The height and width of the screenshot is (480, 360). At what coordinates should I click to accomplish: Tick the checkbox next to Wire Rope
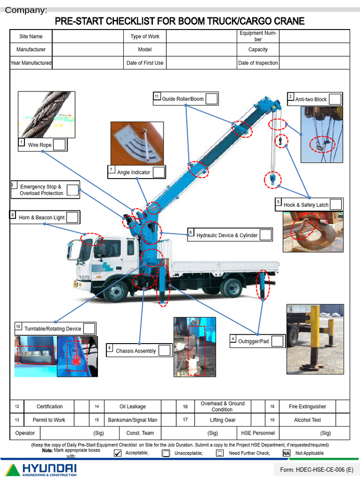pyautogui.click(x=59, y=145)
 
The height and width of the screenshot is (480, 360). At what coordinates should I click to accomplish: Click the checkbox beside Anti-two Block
pyautogui.click(x=335, y=99)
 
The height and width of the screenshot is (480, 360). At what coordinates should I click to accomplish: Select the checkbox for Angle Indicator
pyautogui.click(x=159, y=172)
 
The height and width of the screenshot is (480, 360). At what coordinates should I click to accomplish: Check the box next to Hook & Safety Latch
pyautogui.click(x=336, y=204)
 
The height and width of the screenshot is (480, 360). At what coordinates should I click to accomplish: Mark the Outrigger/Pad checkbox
pyautogui.click(x=277, y=341)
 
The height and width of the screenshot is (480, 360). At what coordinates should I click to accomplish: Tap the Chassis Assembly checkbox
pyautogui.click(x=164, y=351)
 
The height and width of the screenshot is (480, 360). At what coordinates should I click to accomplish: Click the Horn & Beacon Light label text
pyautogui.click(x=42, y=217)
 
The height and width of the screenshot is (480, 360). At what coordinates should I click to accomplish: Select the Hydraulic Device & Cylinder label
pyautogui.click(x=227, y=235)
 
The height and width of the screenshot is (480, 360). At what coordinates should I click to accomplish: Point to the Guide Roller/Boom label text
pyautogui.click(x=183, y=99)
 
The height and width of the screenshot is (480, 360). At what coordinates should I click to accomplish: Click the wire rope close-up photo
pyautogui.click(x=46, y=114)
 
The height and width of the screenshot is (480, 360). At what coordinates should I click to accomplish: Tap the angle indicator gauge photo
pyautogui.click(x=137, y=143)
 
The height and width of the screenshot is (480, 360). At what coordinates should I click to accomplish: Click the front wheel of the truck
pyautogui.click(x=115, y=291)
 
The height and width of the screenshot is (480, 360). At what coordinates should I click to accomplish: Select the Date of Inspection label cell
pyautogui.click(x=258, y=63)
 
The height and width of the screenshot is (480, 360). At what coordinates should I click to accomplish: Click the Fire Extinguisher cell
pyautogui.click(x=307, y=406)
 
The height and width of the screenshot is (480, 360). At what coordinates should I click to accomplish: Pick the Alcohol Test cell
pyautogui.click(x=307, y=420)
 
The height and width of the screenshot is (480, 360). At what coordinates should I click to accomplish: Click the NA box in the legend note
pyautogui.click(x=286, y=453)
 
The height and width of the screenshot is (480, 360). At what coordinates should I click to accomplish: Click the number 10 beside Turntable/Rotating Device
pyautogui.click(x=18, y=327)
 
